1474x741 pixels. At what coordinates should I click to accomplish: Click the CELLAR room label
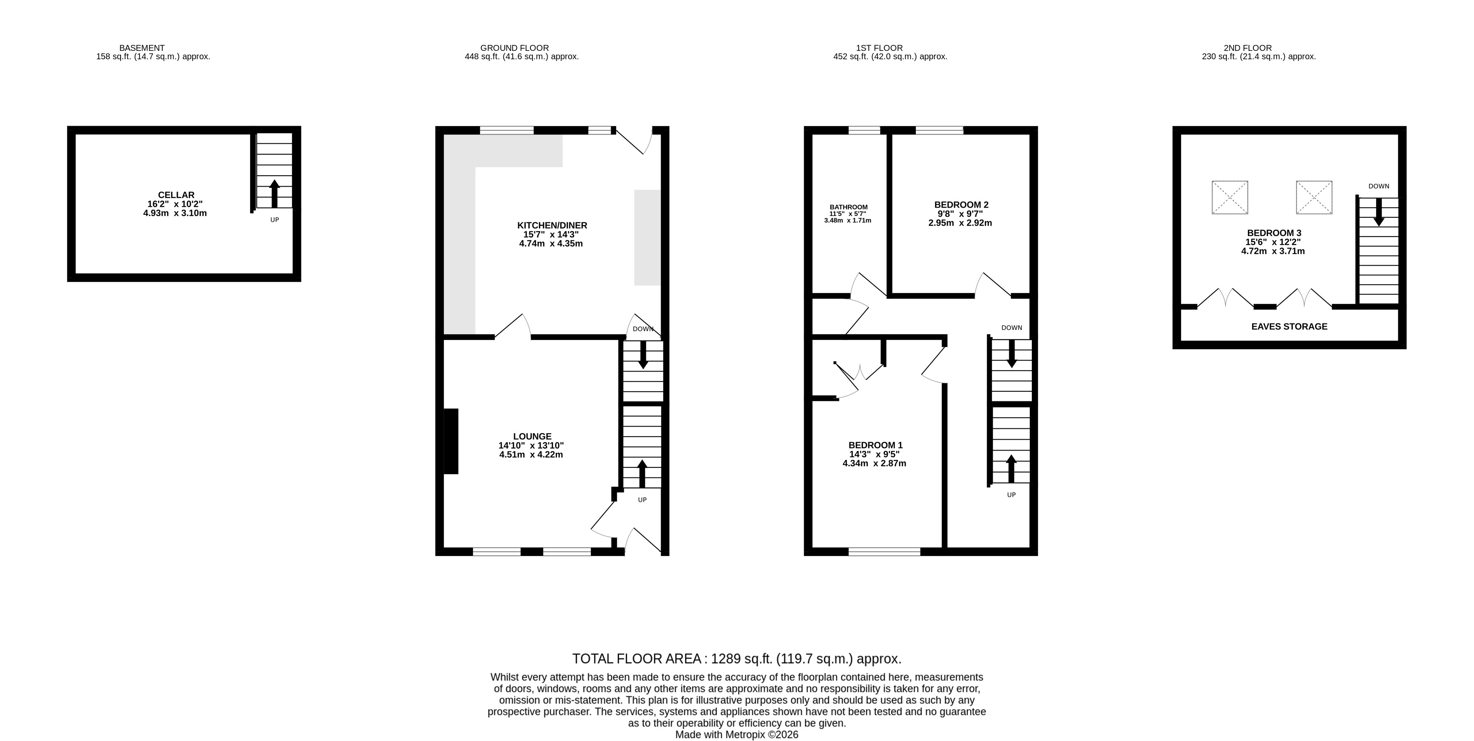point(176,195)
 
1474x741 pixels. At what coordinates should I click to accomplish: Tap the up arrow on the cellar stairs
point(274,193)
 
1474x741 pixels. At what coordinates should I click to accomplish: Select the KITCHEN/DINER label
point(552,225)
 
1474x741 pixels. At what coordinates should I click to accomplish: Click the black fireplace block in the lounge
point(451,441)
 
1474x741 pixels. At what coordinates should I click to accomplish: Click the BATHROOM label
point(849,207)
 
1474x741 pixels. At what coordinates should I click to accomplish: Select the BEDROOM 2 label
point(961,205)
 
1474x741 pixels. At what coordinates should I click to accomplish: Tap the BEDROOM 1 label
point(875,445)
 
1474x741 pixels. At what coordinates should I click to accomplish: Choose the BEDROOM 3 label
point(1274,233)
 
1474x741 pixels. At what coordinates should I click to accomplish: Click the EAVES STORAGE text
point(1289,327)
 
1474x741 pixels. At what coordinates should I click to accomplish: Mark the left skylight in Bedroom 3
point(1230,198)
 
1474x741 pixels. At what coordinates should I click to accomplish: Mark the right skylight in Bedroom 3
point(1314,198)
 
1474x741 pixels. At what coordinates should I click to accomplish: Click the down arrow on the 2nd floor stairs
point(1379,212)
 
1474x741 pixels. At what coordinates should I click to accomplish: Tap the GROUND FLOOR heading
point(514,48)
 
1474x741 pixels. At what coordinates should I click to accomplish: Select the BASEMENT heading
point(142,48)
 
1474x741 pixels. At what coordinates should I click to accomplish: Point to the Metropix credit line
point(737,735)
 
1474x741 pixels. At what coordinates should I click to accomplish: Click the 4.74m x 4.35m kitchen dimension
point(551,244)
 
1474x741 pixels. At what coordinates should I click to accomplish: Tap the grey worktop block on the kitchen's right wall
point(647,237)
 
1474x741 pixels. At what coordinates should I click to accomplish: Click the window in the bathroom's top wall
point(864,130)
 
